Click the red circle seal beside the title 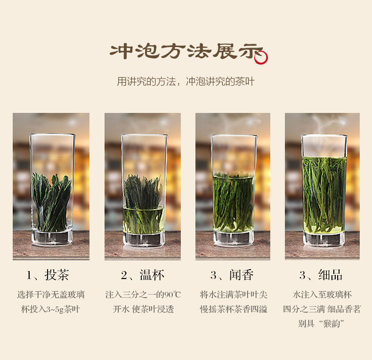pos(261,57)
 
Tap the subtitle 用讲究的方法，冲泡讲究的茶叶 pos(186,81)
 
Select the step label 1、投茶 pos(48,275)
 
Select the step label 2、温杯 pos(142,275)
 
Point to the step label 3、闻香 pos(232,275)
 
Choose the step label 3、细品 pos(321,275)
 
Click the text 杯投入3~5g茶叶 pos(50,309)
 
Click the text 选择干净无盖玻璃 pos(51,295)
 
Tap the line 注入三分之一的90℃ pos(143,295)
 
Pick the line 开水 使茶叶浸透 pos(143,309)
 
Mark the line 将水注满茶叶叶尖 pos(234,295)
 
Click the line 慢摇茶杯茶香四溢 pos(234,309)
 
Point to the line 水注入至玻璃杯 pos(322,295)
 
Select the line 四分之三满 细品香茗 pos(322,309)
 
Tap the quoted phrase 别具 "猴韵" pos(321,323)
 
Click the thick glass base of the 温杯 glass pos(144,240)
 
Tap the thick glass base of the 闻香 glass pos(234,239)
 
